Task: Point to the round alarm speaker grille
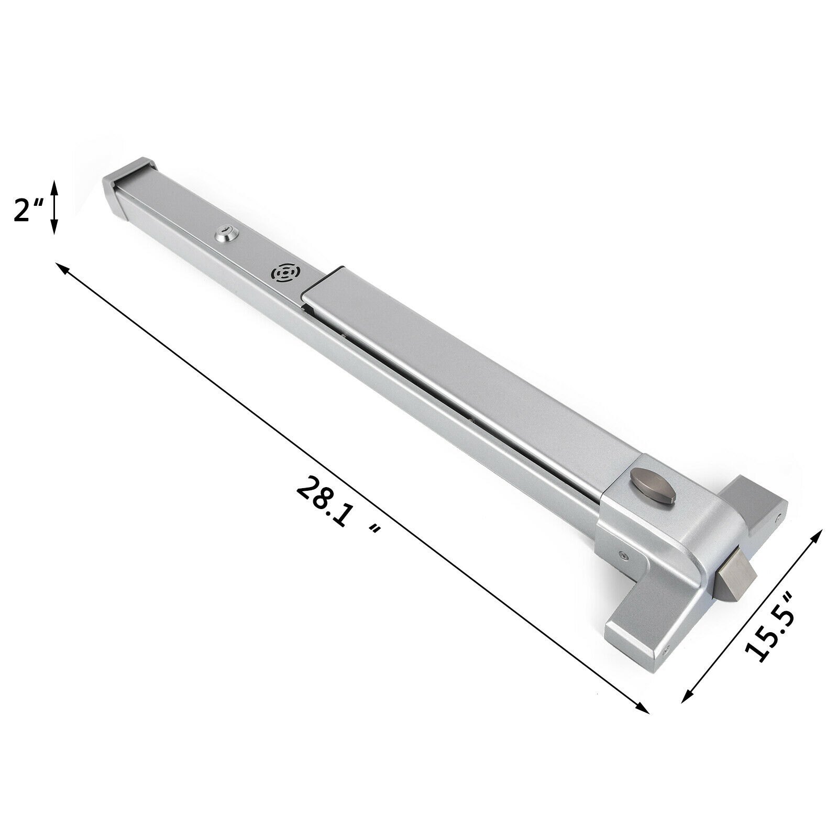283,274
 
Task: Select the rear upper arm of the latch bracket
759,498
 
